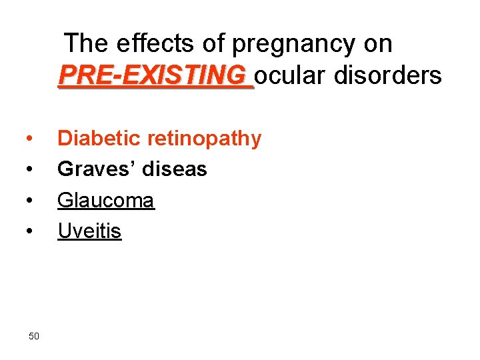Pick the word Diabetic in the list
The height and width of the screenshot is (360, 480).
tap(99, 139)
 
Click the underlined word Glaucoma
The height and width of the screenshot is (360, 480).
tap(106, 200)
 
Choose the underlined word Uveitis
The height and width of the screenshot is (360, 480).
tap(89, 231)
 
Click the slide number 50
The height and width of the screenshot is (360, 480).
tap(34, 335)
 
